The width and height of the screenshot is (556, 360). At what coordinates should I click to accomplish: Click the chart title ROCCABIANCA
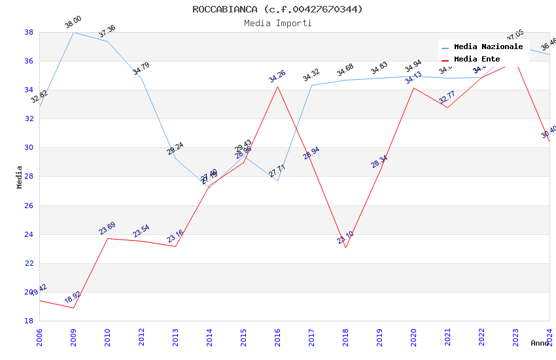tap(277, 9)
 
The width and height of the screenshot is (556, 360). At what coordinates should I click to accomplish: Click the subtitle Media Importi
tap(277, 23)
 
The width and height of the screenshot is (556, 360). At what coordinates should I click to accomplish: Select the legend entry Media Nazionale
tap(488, 46)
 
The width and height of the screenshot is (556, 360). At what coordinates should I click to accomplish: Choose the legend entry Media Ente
tap(477, 59)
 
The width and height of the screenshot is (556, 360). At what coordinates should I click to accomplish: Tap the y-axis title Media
tap(20, 177)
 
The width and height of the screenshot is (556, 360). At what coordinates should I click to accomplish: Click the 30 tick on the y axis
tap(29, 148)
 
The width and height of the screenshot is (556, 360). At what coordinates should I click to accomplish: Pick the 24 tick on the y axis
tap(29, 234)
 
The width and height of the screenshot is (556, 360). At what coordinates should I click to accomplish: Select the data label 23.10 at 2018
tap(345, 238)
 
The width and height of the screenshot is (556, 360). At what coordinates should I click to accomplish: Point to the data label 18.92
tap(73, 298)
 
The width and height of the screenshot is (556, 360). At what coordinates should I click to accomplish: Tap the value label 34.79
tap(141, 69)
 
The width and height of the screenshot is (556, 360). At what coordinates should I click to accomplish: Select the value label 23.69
tap(107, 228)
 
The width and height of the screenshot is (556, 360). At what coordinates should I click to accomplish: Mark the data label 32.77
tap(447, 98)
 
